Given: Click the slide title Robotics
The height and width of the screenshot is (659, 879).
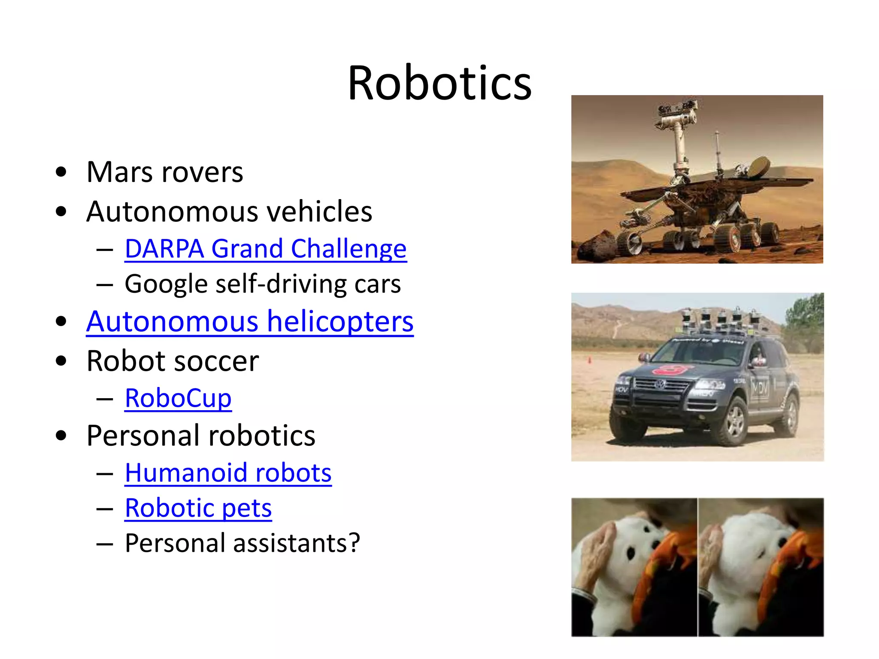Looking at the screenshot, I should click(x=439, y=82).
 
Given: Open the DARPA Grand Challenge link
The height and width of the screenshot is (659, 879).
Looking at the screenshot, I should click(x=266, y=249).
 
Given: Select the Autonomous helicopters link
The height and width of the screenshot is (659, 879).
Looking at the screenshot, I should click(x=250, y=321).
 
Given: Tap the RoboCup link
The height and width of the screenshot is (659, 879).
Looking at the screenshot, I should click(x=178, y=398).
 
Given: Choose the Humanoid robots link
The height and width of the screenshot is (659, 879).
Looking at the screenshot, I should click(x=228, y=473).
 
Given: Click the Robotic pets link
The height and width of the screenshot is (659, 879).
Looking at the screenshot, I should click(x=198, y=508).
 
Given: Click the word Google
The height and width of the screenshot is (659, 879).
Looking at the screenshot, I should click(x=166, y=284).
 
